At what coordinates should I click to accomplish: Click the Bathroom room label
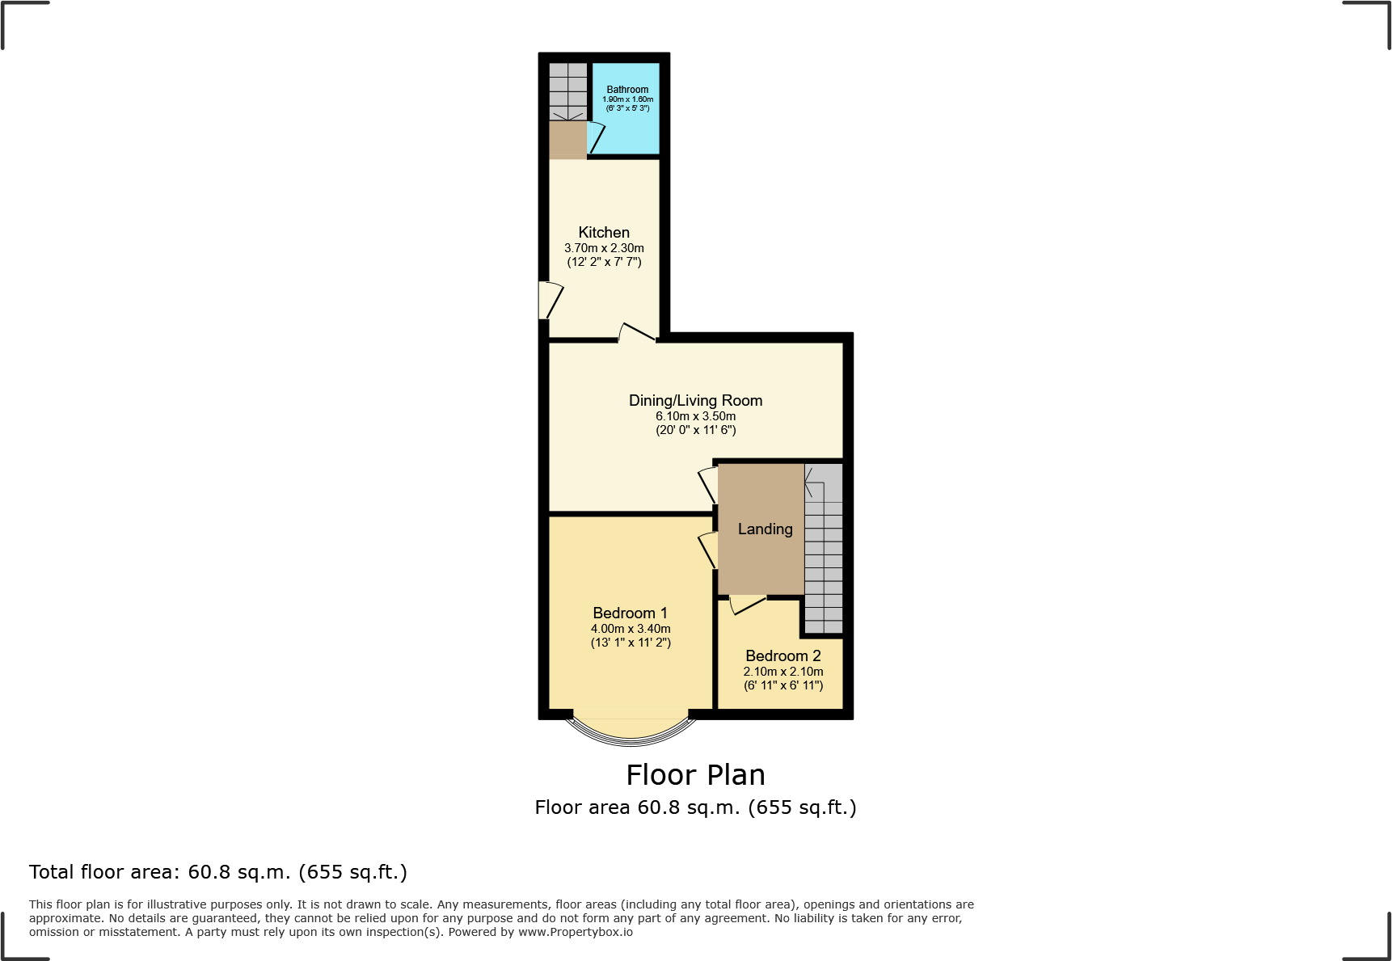[x=627, y=90]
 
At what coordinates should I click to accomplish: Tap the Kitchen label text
[x=604, y=233]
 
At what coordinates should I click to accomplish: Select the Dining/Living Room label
[x=695, y=401]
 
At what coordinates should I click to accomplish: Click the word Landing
[x=765, y=529]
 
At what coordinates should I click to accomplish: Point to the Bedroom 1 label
[x=630, y=613]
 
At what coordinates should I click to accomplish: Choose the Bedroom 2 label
[x=782, y=656]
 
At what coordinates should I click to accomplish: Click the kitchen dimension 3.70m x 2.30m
[x=604, y=248]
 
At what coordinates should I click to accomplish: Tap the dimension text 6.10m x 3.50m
[x=695, y=416]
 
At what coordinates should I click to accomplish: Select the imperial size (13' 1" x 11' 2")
[x=631, y=643]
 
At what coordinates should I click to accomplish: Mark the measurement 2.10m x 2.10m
[x=782, y=672]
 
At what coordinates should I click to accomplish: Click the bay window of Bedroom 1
[x=631, y=731]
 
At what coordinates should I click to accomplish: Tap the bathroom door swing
[x=596, y=137]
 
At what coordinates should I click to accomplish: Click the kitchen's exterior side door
[x=550, y=300]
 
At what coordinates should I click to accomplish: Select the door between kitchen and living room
[x=637, y=332]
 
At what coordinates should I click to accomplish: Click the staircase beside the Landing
[x=824, y=550]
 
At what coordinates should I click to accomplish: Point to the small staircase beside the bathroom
[x=568, y=92]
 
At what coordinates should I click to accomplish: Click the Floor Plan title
[x=695, y=775]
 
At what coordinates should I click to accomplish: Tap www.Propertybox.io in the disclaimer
[x=575, y=932]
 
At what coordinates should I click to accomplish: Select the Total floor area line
[x=218, y=872]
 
